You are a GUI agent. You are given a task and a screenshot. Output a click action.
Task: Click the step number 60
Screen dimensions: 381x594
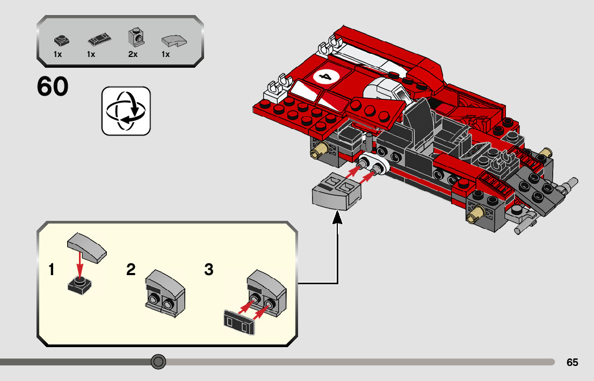pyautogui.click(x=53, y=87)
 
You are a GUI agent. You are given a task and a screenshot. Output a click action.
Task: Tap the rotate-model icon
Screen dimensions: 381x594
pyautogui.click(x=126, y=111)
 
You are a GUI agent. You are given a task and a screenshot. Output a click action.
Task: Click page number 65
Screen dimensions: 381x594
pyautogui.click(x=572, y=363)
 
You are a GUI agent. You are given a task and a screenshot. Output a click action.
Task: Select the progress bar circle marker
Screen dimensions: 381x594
pyautogui.click(x=158, y=362)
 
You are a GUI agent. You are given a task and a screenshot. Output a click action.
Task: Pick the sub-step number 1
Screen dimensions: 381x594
pyautogui.click(x=52, y=270)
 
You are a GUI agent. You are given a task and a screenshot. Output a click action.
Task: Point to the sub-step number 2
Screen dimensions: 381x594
pyautogui.click(x=131, y=270)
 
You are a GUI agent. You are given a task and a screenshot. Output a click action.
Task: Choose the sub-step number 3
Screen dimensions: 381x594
pyautogui.click(x=208, y=270)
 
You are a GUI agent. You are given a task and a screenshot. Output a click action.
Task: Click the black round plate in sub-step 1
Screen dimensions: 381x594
pyautogui.click(x=79, y=284)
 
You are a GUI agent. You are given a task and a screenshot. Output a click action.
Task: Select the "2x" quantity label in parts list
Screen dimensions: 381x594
pyautogui.click(x=133, y=54)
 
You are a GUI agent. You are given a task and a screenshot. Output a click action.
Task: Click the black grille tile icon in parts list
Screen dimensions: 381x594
pyautogui.click(x=100, y=40)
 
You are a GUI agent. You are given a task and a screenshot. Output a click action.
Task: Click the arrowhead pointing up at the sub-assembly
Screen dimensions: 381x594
pyautogui.click(x=337, y=218)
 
